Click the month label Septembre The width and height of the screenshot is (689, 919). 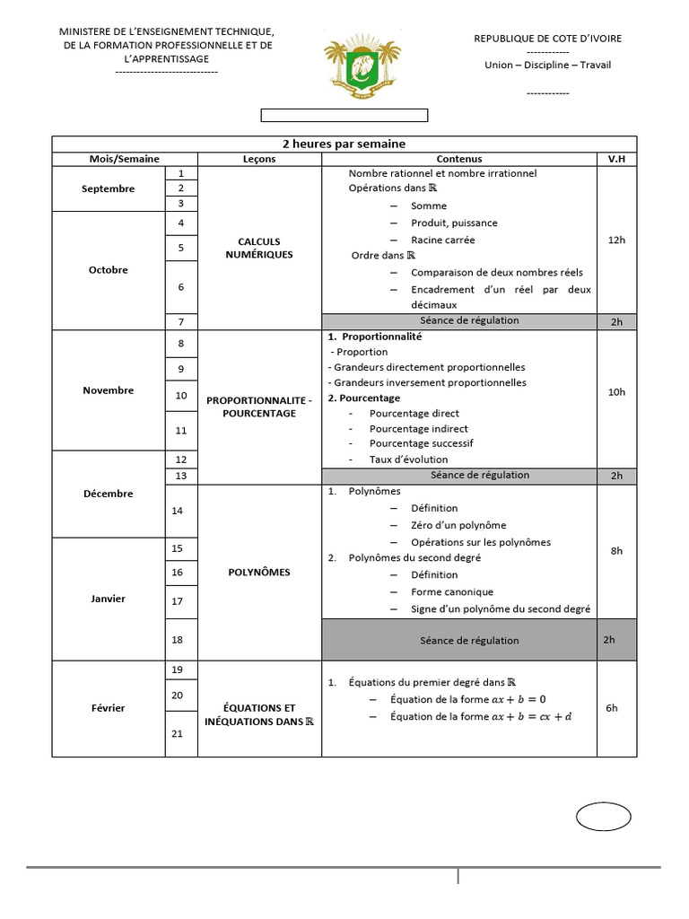pos(108,189)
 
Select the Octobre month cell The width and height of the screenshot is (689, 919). pos(108,270)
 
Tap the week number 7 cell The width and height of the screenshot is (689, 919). pos(181,322)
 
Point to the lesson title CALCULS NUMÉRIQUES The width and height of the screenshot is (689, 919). pos(259,248)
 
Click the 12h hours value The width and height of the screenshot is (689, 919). pos(616,240)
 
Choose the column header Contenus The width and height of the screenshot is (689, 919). pos(458,159)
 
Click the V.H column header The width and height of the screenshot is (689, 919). pos(616,159)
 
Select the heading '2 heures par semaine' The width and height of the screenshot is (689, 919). pos(344,144)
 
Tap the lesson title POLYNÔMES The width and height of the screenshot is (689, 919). pos(259,573)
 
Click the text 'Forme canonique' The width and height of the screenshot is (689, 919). pos(452,592)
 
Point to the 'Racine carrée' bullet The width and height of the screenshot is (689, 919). pos(442,240)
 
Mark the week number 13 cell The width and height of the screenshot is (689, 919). pos(181,476)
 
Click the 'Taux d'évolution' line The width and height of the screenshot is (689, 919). pos(408,459)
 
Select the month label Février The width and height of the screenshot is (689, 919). pos(108,708)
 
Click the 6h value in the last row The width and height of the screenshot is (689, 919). pos(612,708)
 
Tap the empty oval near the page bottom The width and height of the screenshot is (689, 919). pos(603,818)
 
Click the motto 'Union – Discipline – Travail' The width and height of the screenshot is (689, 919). pos(547,65)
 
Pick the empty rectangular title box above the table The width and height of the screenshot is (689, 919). pos(344,115)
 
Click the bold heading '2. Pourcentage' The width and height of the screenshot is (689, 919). pos(364,398)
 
